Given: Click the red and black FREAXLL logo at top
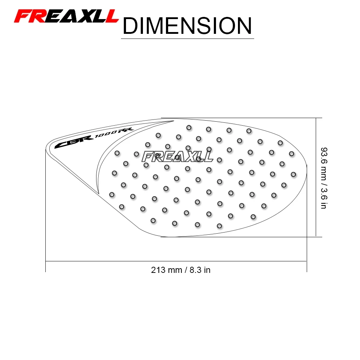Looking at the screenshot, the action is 66,16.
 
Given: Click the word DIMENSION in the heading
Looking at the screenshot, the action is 187,26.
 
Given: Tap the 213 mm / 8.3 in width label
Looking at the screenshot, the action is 181,270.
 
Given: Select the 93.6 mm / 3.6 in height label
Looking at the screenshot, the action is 324,178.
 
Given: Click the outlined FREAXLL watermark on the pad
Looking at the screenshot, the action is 177,157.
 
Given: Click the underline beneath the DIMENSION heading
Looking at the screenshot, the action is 187,39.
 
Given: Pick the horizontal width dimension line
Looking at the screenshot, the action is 176,261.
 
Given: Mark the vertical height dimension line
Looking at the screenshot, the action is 316,177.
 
